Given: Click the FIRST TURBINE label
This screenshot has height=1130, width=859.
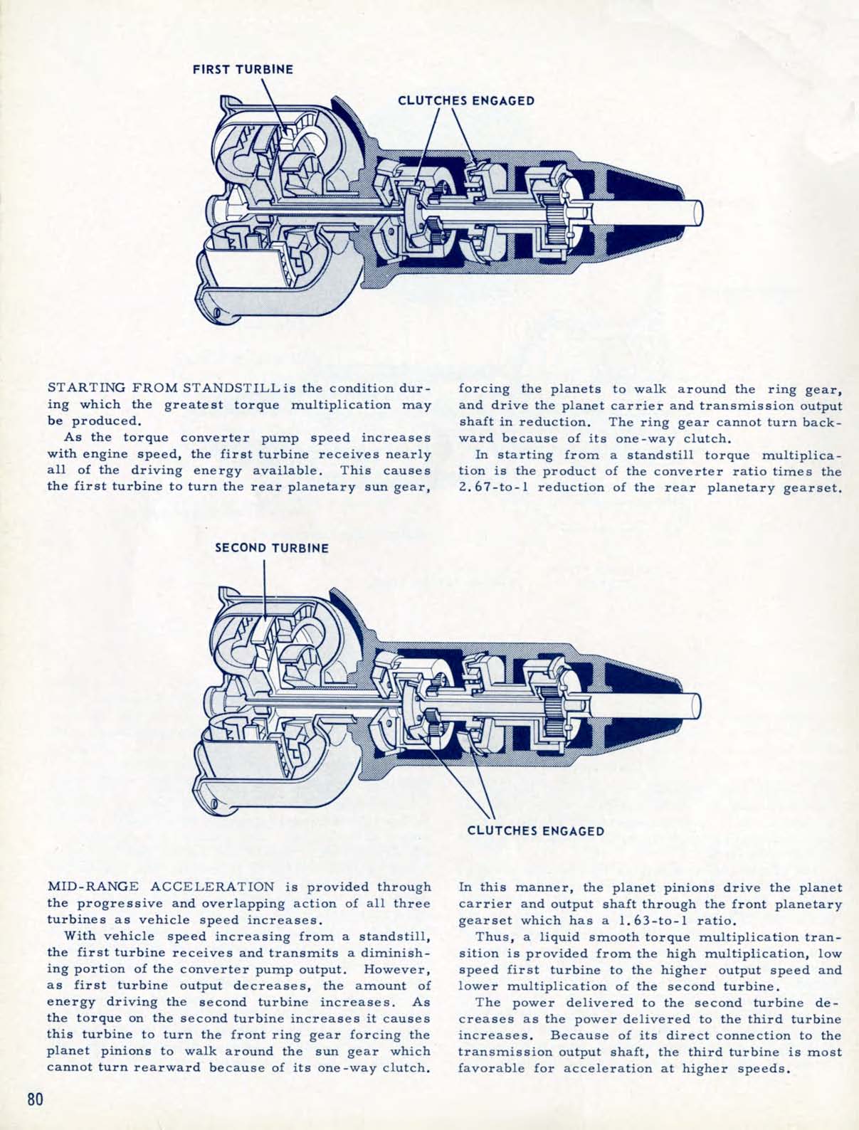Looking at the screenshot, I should [243, 70].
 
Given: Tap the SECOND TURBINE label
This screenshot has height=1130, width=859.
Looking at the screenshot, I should [273, 548].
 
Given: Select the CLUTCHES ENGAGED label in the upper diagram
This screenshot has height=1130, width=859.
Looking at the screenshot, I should [465, 100].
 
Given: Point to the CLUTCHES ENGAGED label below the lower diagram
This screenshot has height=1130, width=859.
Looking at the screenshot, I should [536, 830].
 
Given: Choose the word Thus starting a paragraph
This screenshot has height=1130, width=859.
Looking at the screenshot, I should [491, 936].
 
